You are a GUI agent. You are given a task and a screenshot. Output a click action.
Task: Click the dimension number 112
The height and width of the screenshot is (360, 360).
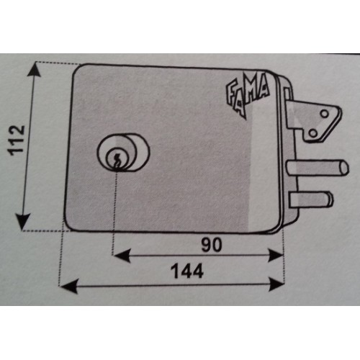tap(17, 140)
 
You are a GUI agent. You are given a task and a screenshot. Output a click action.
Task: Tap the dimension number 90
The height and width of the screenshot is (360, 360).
tap(212, 245)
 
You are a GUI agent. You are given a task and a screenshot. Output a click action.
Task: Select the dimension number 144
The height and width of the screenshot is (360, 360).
tap(187, 271)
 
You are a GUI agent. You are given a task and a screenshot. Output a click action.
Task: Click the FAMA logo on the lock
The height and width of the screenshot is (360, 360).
tap(247, 95)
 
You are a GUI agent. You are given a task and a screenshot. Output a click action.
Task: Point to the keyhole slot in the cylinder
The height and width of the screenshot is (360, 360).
tap(117, 161)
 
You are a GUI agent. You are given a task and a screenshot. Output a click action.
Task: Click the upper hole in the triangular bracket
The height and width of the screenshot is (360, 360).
tap(325, 114)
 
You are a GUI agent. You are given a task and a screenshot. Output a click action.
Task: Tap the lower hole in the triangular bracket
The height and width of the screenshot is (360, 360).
tap(312, 133)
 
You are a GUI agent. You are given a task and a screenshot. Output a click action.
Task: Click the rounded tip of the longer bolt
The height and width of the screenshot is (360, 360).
tap(345, 167)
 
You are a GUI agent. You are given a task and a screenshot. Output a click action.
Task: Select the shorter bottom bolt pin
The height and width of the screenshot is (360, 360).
tap(311, 199)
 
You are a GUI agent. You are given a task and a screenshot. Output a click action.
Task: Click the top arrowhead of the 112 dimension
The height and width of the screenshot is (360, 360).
tap(35, 69)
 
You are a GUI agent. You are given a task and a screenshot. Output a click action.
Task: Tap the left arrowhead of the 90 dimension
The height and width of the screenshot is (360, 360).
tap(122, 256)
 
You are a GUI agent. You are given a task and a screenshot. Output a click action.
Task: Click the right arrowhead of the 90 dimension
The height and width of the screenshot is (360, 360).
tap(276, 256)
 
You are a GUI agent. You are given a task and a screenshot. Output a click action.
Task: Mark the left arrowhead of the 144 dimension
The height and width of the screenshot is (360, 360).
tap(69, 286)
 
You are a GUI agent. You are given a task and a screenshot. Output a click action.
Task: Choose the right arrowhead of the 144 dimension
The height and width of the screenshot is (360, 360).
tap(276, 284)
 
